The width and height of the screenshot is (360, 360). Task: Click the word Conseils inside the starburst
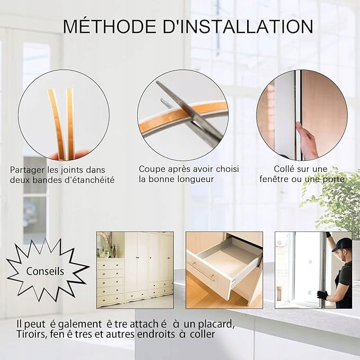pos(45,271)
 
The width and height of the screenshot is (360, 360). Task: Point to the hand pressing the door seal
pos(306,141)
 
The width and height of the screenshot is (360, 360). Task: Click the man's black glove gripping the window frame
pos(322,295)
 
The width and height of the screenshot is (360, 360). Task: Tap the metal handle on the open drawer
pos(203,272)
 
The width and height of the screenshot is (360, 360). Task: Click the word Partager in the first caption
pos(28,170)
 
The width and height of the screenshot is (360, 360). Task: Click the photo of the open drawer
pos(224,270)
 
